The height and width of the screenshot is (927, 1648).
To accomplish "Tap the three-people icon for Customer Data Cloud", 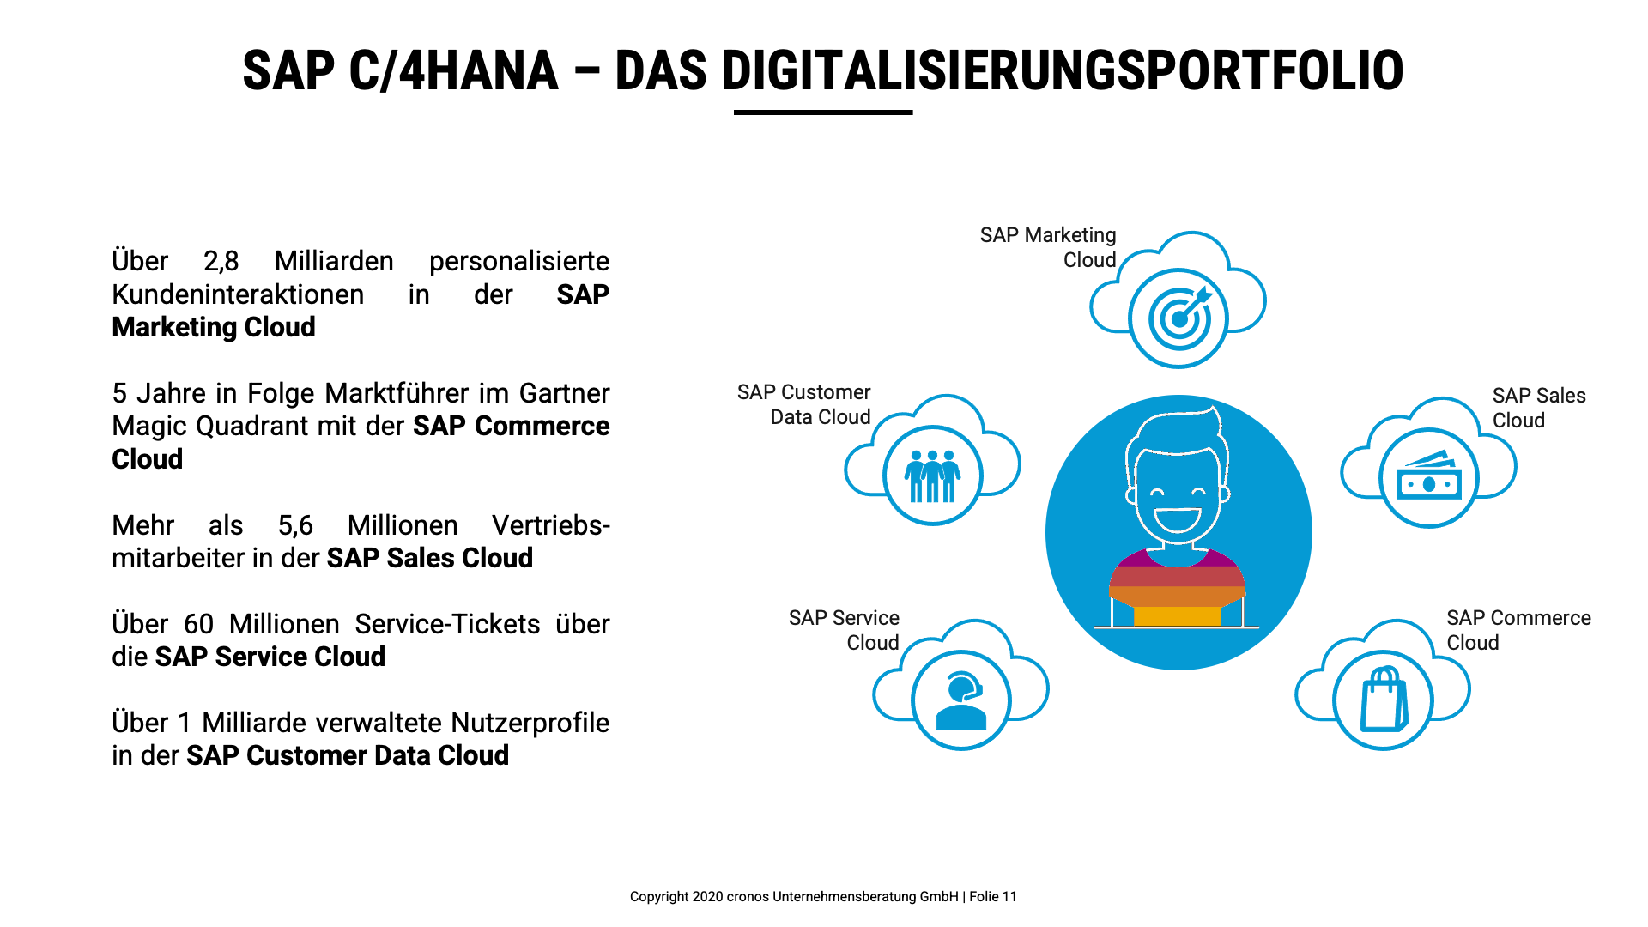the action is point(932,476).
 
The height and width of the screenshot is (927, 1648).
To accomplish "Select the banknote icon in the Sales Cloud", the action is point(1429,476).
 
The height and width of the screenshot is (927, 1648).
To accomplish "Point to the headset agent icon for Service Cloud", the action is point(961,700).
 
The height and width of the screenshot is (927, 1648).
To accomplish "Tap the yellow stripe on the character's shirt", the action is point(1177,616).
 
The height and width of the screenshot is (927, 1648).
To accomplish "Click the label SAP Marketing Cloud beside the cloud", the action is point(1048,247).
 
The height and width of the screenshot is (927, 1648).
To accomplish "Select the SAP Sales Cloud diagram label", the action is point(1539,408).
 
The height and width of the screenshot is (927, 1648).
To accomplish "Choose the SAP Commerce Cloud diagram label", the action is point(1518,630).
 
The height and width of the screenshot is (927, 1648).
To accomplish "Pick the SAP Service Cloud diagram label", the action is point(844,630).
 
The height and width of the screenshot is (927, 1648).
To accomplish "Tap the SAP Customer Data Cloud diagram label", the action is point(803,404).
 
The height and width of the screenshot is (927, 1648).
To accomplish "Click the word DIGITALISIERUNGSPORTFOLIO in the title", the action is point(1063,70).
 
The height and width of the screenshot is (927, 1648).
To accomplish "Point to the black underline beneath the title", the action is point(823,112).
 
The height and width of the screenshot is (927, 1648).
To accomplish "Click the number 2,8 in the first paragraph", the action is point(221,261).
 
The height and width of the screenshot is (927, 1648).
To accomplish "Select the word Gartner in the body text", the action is point(564,393).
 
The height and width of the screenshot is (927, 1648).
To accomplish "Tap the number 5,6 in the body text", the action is point(295,525).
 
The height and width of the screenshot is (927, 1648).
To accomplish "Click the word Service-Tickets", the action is point(447,624).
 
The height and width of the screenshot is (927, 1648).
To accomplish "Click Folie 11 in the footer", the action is point(993,897).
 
